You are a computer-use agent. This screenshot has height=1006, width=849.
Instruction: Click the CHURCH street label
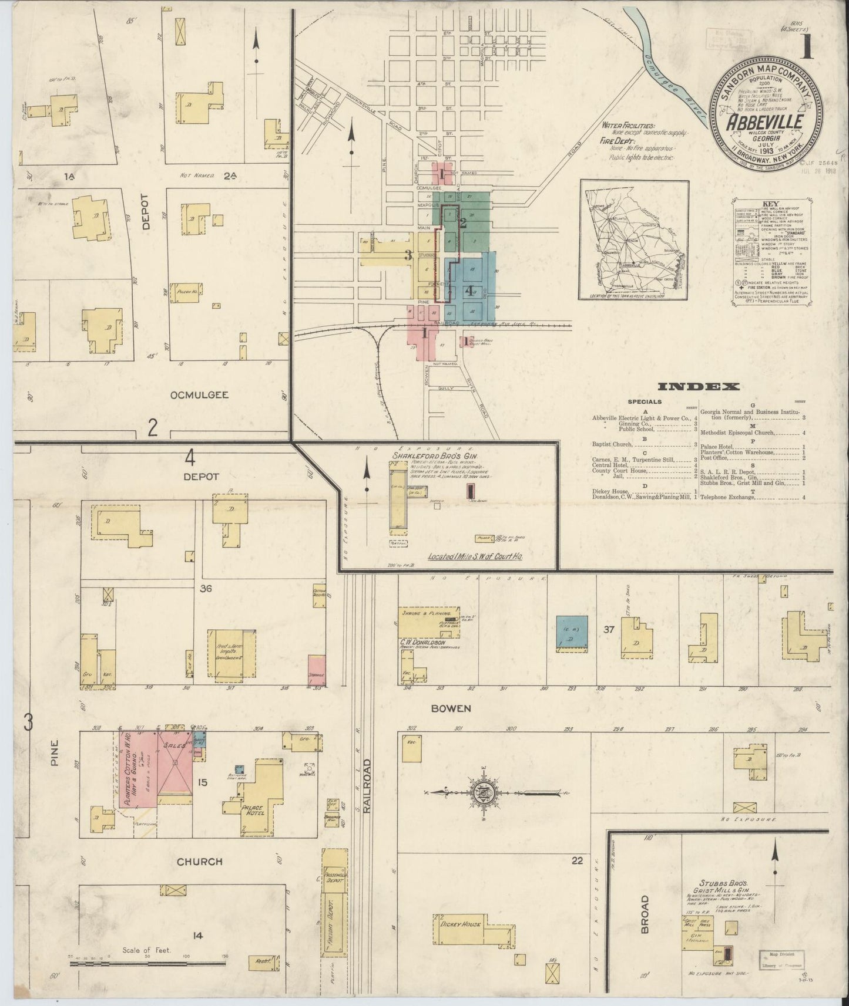tap(200, 862)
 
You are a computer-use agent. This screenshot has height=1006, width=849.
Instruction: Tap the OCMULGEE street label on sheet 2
tap(199, 395)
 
